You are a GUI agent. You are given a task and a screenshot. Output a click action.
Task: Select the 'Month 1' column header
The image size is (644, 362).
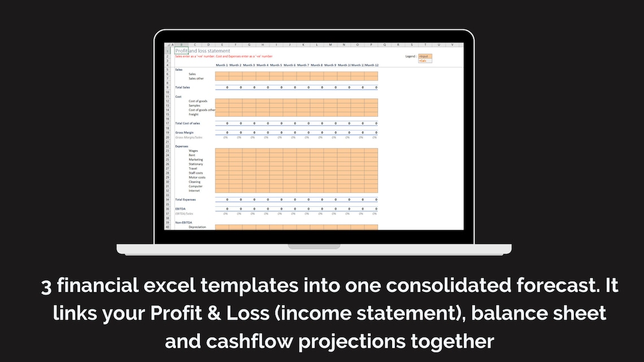222,65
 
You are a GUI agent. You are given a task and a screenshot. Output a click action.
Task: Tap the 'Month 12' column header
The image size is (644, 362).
371,65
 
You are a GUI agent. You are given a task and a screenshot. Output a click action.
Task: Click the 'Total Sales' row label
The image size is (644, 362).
182,88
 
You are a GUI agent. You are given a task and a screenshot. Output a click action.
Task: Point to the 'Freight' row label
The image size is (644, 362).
193,115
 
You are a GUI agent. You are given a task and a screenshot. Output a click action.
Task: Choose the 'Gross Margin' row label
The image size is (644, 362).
184,133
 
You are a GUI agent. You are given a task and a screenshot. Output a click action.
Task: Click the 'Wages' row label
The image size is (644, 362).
193,151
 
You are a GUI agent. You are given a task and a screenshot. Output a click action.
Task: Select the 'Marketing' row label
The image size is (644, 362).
195,160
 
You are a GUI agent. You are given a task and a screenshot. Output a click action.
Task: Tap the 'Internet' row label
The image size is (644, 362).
194,191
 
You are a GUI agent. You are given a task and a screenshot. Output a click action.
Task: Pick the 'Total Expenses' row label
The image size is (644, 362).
185,200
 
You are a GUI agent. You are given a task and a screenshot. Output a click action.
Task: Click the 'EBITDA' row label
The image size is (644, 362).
180,209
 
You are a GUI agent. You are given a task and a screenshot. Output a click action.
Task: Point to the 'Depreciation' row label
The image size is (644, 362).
197,227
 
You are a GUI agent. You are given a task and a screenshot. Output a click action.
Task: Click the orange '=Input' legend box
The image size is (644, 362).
425,56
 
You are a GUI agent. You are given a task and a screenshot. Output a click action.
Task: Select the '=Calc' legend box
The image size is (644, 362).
424,60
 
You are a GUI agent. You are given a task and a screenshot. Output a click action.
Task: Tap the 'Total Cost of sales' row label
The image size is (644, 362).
188,123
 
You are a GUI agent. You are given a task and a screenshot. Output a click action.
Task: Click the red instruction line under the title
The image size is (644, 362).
224,56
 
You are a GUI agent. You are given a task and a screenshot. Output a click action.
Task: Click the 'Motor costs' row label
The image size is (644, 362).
197,177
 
